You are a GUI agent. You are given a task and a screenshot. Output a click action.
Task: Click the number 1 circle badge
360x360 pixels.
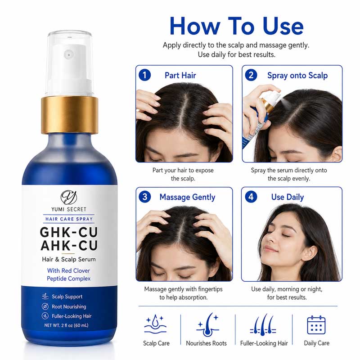coord(144,75)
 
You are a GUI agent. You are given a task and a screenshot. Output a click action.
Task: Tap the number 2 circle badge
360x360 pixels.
coord(251,75)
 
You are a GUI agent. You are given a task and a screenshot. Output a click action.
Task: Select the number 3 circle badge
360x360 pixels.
coord(144,197)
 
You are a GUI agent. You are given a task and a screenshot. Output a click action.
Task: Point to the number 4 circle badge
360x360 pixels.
coord(251,197)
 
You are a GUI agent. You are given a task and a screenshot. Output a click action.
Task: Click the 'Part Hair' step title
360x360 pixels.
coord(180,75)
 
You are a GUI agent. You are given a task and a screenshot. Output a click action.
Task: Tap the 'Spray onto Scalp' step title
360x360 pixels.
coord(297,76)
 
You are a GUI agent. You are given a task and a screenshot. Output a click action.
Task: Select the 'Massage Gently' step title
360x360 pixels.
coord(187,197)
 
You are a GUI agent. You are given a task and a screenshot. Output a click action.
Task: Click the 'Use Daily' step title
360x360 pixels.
coord(288,197)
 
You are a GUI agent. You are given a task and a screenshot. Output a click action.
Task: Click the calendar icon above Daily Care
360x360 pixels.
coord(316,324)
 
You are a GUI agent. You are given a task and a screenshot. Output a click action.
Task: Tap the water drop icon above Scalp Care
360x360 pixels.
coord(155,324)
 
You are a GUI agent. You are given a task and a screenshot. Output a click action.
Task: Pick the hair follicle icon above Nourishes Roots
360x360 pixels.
coord(207,324)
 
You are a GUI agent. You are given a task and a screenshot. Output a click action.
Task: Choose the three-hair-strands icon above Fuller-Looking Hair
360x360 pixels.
coord(263,324)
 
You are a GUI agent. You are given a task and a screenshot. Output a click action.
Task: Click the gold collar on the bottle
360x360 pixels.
coord(70,115)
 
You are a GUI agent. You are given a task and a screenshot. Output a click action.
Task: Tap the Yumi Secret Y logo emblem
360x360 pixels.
coord(69,197)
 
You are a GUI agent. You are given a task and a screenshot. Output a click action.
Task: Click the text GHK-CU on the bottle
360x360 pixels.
coord(69,232)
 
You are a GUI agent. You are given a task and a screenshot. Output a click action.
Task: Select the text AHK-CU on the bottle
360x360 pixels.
coord(69,245)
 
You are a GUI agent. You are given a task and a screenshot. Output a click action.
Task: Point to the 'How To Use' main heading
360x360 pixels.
coord(237,26)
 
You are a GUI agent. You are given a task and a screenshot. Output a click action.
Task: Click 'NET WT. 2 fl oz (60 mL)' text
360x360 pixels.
coord(66,325)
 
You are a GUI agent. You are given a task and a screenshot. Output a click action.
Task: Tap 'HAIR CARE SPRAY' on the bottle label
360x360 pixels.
coord(69,219)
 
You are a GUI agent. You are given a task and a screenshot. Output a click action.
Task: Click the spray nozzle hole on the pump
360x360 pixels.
coord(69,55)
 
